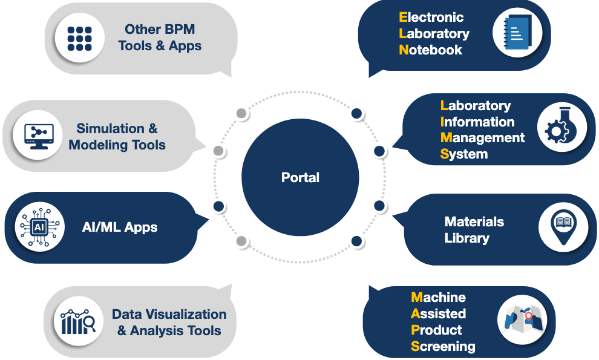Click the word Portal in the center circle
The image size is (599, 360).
click(x=300, y=178)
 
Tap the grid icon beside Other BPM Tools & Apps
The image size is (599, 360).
click(x=79, y=38)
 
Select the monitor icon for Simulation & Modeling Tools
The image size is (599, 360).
click(x=39, y=137)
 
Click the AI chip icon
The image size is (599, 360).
click(x=39, y=227)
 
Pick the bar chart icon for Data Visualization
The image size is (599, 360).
click(x=79, y=322)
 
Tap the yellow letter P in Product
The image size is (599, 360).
click(x=415, y=330)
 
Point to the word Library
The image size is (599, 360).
click(x=466, y=238)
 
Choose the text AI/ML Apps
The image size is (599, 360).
click(x=120, y=228)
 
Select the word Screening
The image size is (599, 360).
click(x=443, y=347)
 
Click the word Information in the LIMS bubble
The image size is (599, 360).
click(x=477, y=122)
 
